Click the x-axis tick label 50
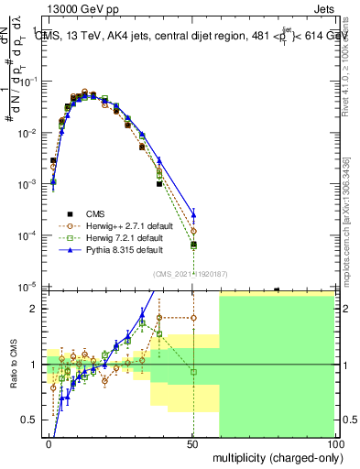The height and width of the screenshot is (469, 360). (x=193, y=442)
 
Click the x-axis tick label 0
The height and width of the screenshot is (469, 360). (x=49, y=442)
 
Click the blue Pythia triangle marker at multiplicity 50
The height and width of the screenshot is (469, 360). (x=193, y=216)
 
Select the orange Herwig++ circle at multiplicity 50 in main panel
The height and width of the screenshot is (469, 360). (x=193, y=231)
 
